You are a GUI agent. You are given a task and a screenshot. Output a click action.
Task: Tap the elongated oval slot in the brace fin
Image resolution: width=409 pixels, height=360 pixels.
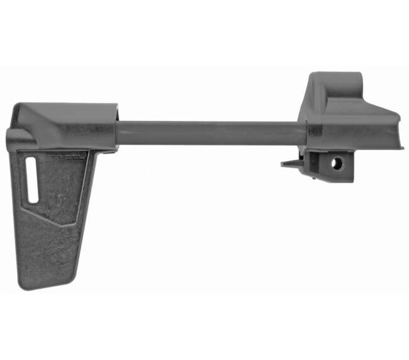32,180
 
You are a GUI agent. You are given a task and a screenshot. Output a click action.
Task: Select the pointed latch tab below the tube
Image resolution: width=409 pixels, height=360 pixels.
289,164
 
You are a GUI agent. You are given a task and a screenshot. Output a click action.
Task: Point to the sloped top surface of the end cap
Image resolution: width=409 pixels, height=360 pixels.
365,107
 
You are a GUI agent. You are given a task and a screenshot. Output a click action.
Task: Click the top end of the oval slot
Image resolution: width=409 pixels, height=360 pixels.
32,161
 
